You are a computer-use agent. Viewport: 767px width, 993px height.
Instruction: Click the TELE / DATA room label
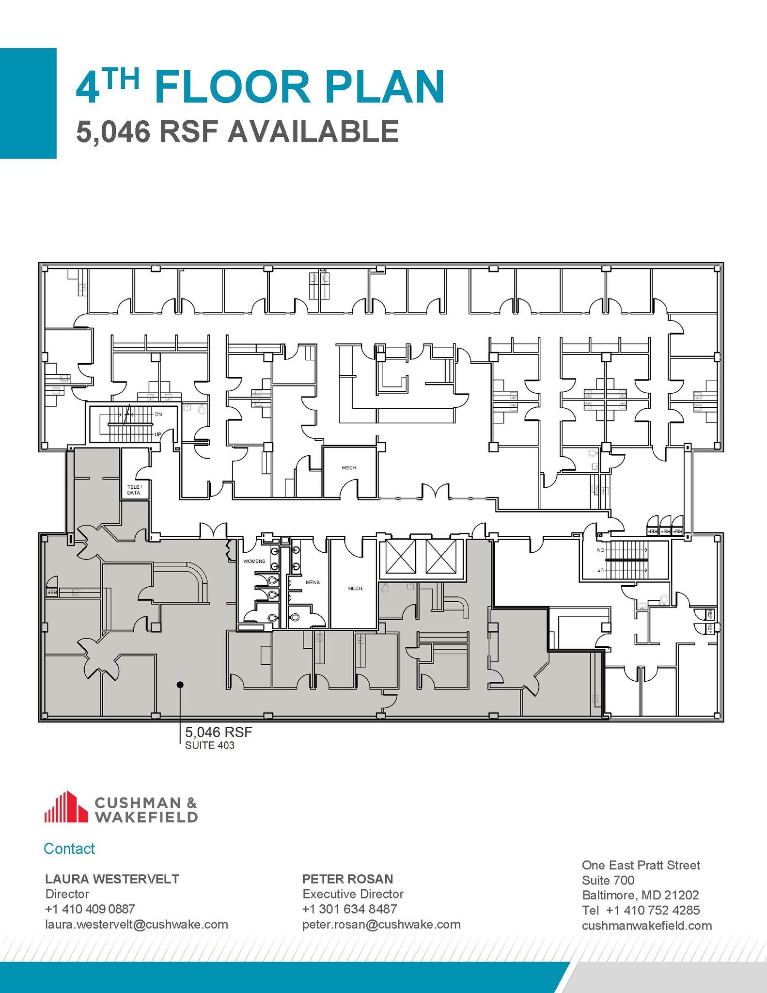click(134, 490)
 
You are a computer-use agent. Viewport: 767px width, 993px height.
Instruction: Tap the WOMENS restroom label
click(254, 561)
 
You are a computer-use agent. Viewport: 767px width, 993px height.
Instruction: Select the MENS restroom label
click(313, 582)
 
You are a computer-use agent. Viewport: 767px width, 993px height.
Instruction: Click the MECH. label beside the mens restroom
click(355, 588)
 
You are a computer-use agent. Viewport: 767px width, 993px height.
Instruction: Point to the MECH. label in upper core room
click(349, 468)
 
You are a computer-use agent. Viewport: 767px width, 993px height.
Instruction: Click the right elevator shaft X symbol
click(441, 556)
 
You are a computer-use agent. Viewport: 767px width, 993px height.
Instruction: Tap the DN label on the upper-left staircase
click(158, 414)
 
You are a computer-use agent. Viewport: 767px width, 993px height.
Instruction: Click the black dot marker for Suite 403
click(180, 685)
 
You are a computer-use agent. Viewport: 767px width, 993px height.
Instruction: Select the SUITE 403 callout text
click(209, 746)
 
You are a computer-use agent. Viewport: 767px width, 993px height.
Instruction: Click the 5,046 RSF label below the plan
click(219, 732)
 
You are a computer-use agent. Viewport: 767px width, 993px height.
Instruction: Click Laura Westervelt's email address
click(136, 924)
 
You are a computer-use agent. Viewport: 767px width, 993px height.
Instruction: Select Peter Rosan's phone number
click(349, 909)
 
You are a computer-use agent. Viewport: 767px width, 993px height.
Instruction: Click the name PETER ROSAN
click(347, 879)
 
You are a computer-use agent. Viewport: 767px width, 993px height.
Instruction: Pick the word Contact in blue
click(69, 849)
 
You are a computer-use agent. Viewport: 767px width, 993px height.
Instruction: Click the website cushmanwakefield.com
click(646, 926)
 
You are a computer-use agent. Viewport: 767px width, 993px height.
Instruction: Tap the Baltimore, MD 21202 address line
click(640, 895)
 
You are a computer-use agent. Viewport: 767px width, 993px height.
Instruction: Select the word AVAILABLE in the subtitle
click(313, 131)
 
